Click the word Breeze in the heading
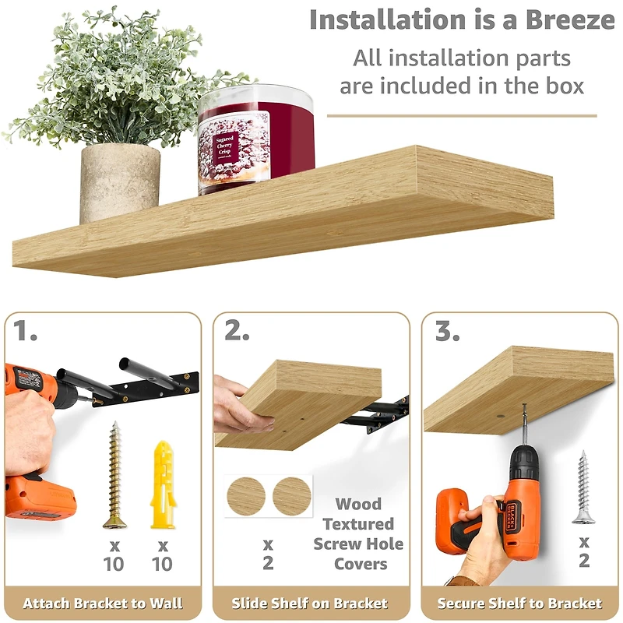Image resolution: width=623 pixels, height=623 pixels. coord(561,19)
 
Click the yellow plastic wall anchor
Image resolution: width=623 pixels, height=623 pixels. coord(162,484)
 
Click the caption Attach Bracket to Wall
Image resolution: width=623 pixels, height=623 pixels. coord(103,604)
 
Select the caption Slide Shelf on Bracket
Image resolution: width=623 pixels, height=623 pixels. coord(310,604)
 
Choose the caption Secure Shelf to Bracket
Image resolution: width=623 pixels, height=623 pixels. coord(519,604)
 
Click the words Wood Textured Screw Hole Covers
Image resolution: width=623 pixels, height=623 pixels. coord(358,533)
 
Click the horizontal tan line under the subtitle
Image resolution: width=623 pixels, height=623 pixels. coord(461,116)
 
